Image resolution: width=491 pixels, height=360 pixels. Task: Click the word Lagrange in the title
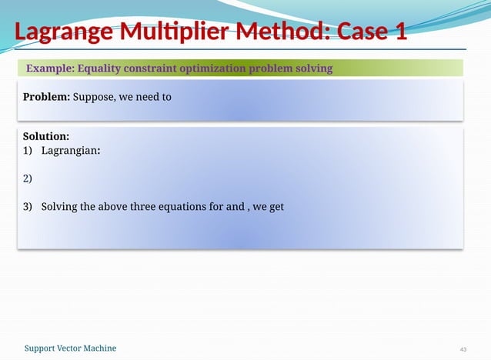pyautogui.click(x=63, y=33)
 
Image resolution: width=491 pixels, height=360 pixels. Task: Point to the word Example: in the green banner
pyautogui.click(x=49, y=68)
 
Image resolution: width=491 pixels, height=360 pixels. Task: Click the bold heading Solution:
pyautogui.click(x=46, y=135)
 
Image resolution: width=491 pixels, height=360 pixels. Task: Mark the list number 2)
pyautogui.click(x=28, y=178)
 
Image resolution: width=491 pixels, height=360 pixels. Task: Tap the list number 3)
pyautogui.click(x=28, y=206)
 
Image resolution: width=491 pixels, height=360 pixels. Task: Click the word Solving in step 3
pyautogui.click(x=60, y=206)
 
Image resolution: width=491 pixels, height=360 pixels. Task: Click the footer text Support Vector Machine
pyautogui.click(x=70, y=348)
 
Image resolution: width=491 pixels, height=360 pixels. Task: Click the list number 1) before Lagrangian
pyautogui.click(x=28, y=150)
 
